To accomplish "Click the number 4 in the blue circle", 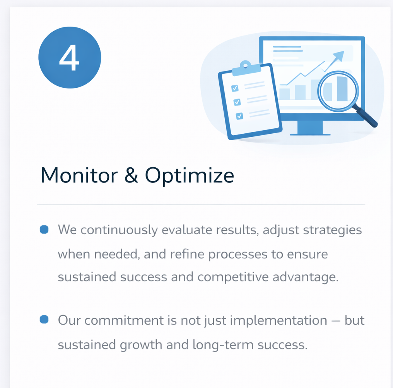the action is pos(69,58).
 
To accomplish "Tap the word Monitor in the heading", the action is pos(79,175).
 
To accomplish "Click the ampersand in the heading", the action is pos(131,175).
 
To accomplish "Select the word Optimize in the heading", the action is pos(190,176).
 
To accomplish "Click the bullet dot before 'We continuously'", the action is pos(44,230).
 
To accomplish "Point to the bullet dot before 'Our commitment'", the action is pos(44,319).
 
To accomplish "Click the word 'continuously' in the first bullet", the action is pos(119,230).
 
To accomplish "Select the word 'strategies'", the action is pos(332,230).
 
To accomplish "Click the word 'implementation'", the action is pos(279,321).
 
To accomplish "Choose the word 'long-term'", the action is pos(223,345).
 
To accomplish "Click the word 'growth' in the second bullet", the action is pos(141,345).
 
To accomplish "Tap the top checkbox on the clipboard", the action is pos(235,88).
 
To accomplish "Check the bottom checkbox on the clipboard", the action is pos(239,116).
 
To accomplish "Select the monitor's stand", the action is pos(310,128).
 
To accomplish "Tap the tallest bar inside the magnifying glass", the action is pos(342,88).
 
